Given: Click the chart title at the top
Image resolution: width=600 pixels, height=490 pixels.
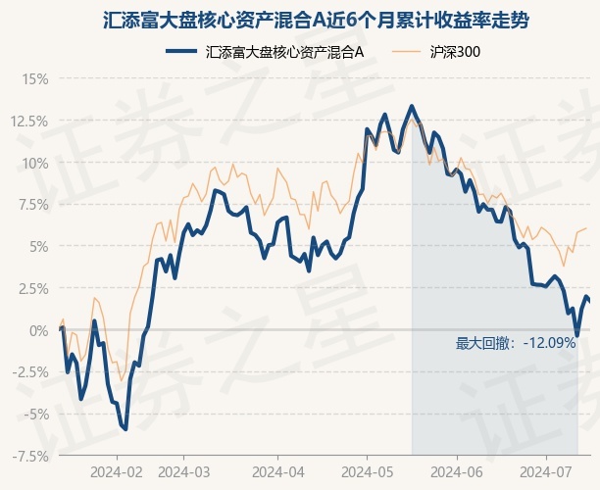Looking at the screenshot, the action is (316, 21).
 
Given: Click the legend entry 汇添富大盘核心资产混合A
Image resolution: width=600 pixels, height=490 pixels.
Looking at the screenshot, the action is (265, 52).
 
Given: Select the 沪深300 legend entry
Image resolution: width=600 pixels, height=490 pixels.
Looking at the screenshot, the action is (436, 52).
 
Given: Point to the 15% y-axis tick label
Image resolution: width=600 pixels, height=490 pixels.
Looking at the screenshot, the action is (35, 79).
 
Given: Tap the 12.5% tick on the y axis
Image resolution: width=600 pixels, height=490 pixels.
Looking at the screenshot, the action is (29, 122).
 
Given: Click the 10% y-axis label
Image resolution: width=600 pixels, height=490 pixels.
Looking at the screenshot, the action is (35, 164).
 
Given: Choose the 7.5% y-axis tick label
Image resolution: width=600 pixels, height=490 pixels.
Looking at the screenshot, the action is (33, 205).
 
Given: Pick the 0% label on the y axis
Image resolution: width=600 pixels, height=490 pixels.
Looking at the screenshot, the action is (39, 331).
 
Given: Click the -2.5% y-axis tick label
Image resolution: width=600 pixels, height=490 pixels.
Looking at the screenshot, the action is (30, 372).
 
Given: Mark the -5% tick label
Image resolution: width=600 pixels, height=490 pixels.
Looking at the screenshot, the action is (36, 415).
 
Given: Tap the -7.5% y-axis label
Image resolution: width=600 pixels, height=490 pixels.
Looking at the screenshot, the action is (30, 457).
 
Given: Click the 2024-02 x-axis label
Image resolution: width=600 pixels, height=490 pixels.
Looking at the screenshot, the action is (117, 472).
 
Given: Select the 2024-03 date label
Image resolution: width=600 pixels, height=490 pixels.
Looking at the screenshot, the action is (184, 472).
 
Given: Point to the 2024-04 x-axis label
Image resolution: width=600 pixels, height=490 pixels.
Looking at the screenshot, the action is (278, 472).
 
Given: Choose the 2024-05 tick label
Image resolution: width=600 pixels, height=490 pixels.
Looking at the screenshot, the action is (368, 472).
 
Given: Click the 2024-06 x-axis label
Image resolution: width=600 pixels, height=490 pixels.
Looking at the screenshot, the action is (457, 472).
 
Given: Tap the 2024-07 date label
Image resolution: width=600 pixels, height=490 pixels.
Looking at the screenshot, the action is (546, 472).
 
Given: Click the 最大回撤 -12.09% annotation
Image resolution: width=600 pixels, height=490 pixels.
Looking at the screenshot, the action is (516, 343).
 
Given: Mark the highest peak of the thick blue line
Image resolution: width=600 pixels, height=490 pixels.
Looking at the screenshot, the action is (412, 106).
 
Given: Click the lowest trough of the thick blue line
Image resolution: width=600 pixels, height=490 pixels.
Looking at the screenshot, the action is (125, 429).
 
